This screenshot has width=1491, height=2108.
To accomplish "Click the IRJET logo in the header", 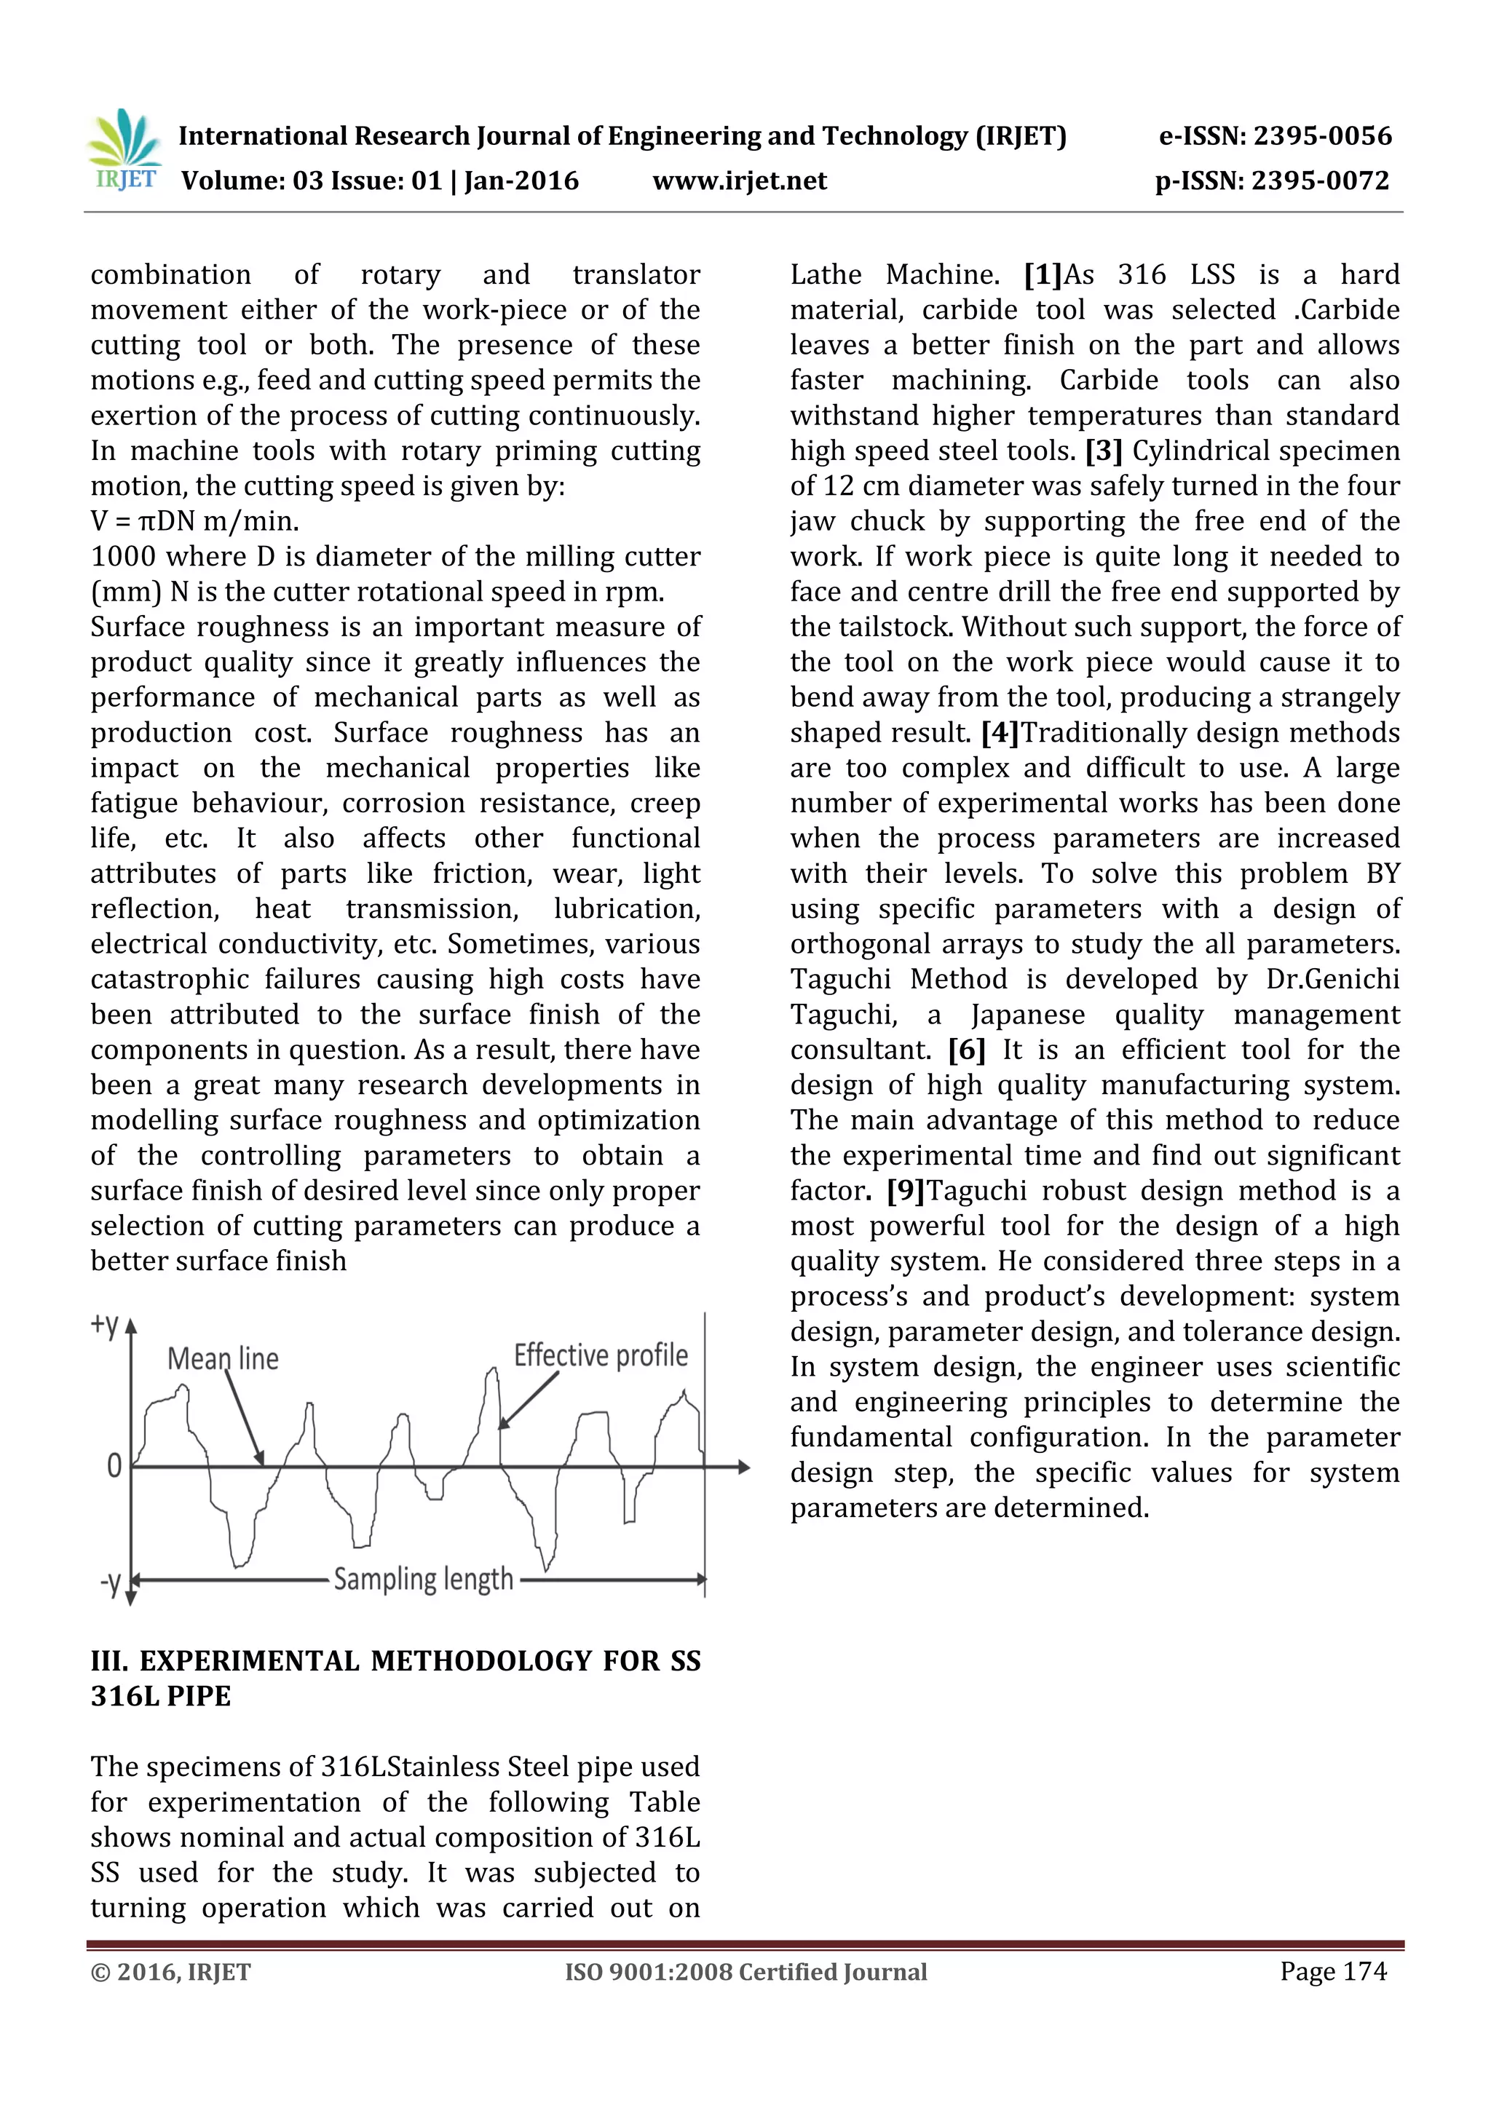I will click(x=126, y=151).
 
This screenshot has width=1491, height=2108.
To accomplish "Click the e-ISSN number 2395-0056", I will click(x=1322, y=136).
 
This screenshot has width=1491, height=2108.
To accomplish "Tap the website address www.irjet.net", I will click(x=739, y=181).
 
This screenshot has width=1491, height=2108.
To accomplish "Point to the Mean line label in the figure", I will click(x=223, y=1358).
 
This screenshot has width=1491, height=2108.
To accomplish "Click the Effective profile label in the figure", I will click(x=601, y=1355).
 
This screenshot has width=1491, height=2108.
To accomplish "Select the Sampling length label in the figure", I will click(x=423, y=1579).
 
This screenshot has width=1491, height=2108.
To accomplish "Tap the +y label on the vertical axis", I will click(x=105, y=1325).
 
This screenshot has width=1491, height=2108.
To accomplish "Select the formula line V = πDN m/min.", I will click(x=194, y=521).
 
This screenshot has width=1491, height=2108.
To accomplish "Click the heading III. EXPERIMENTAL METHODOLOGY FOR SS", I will click(x=395, y=1661).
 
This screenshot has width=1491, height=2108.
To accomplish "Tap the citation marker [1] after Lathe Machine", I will click(x=1043, y=274).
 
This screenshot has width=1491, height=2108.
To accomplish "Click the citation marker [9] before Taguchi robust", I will click(x=905, y=1191).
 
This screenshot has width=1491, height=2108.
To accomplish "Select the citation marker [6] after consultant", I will click(x=967, y=1050).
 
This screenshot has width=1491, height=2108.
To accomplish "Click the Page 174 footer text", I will click(x=1333, y=1971).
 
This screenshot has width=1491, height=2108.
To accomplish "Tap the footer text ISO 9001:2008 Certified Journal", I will click(x=745, y=1972).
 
